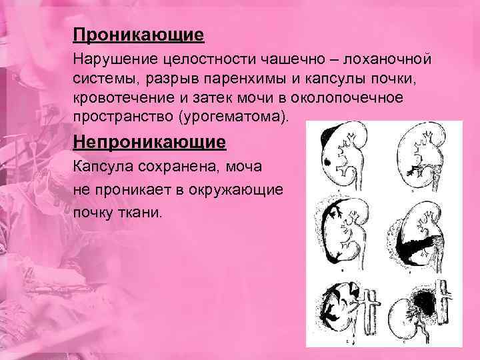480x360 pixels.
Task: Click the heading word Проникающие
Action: tap(139, 34)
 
